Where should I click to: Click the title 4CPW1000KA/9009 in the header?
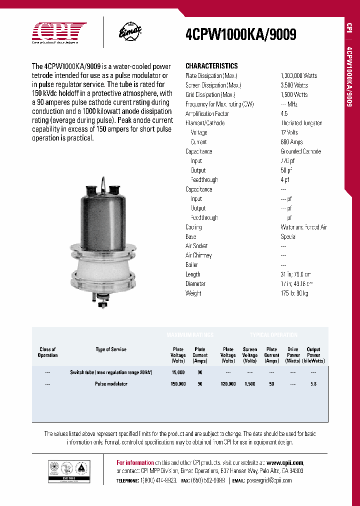click(240, 34)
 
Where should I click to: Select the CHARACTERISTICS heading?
click(211, 66)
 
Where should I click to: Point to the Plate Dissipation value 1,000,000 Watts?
click(298, 75)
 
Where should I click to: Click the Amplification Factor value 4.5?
click(284, 113)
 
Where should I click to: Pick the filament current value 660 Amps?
click(291, 142)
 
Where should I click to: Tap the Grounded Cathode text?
click(300, 151)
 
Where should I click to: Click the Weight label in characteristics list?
click(193, 293)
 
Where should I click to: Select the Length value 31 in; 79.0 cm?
click(295, 274)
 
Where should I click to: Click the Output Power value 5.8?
click(313, 384)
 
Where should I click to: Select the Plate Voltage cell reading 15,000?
click(177, 372)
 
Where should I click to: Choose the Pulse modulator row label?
click(111, 384)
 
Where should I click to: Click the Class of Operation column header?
click(47, 352)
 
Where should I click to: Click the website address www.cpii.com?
click(285, 462)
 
